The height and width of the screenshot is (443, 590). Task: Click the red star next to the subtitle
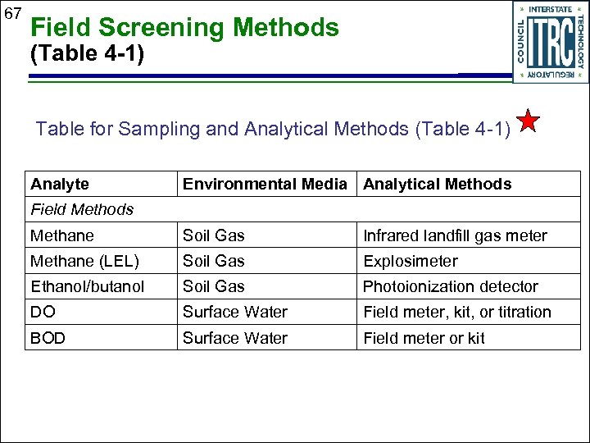click(x=529, y=122)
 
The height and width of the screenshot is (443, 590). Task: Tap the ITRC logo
click(x=550, y=41)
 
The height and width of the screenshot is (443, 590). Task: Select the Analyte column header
click(x=60, y=185)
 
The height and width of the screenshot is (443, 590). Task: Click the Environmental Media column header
click(x=265, y=185)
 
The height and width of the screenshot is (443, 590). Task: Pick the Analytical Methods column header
click(x=437, y=185)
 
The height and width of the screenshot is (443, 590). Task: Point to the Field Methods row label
click(x=82, y=209)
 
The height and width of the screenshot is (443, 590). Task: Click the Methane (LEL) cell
click(x=84, y=261)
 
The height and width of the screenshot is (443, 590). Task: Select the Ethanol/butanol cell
click(x=87, y=286)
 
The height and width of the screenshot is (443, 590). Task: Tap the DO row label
click(x=42, y=312)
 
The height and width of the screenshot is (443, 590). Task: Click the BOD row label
click(x=48, y=337)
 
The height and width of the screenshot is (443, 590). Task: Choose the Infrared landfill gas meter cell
click(x=455, y=235)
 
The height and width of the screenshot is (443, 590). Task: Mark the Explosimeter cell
click(x=410, y=261)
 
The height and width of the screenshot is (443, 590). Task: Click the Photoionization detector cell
click(x=450, y=286)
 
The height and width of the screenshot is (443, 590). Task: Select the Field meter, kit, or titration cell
click(x=456, y=312)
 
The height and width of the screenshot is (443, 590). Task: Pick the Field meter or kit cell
click(x=424, y=337)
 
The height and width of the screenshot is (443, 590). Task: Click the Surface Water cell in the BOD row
click(x=234, y=337)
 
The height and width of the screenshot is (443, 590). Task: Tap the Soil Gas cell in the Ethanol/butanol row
click(x=213, y=286)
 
